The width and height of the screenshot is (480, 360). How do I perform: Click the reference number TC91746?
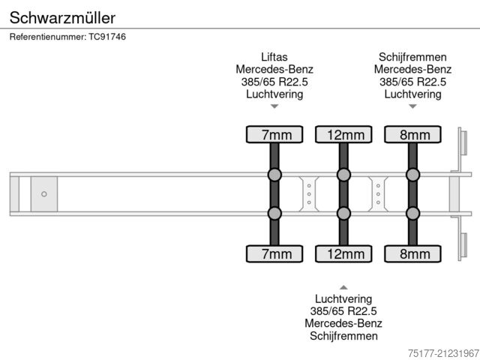[x=67, y=37]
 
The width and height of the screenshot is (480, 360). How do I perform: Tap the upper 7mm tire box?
[x=274, y=135]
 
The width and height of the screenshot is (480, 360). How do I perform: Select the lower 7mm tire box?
[x=274, y=254]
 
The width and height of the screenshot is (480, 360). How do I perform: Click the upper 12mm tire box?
[x=343, y=135]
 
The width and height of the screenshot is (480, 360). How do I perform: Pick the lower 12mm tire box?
[x=343, y=254]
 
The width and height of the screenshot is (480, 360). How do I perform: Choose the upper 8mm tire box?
[x=412, y=135]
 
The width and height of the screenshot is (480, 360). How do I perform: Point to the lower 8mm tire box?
[x=412, y=254]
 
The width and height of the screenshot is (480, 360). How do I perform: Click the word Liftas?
[x=274, y=57]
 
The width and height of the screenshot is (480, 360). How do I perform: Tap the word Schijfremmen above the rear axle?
[x=412, y=57]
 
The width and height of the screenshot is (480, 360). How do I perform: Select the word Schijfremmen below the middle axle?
[x=343, y=336]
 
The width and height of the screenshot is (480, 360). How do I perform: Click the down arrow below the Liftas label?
[x=274, y=106]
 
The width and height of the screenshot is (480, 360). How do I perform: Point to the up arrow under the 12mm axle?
[x=343, y=286]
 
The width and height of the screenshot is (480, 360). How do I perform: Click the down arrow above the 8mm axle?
[x=412, y=106]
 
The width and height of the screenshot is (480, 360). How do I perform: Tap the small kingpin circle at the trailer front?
[x=43, y=194]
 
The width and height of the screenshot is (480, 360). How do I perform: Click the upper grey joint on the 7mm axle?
[x=274, y=175]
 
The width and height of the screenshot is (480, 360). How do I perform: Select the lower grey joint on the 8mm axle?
[x=412, y=214]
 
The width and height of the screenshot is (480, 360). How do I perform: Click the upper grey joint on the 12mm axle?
[x=343, y=175]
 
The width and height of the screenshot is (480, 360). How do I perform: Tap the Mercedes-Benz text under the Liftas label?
[x=274, y=70]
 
